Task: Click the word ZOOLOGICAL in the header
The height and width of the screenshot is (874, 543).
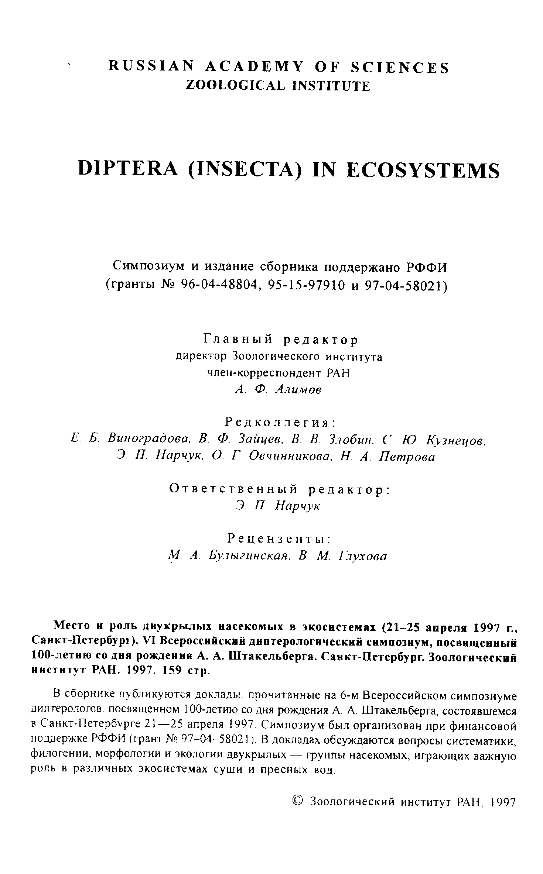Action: click(x=235, y=86)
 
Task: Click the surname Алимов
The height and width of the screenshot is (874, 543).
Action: click(x=298, y=390)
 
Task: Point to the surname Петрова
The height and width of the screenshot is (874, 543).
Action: click(x=407, y=457)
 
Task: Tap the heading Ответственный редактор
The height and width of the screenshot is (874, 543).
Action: click(x=279, y=489)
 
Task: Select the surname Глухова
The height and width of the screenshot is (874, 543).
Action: click(x=362, y=556)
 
